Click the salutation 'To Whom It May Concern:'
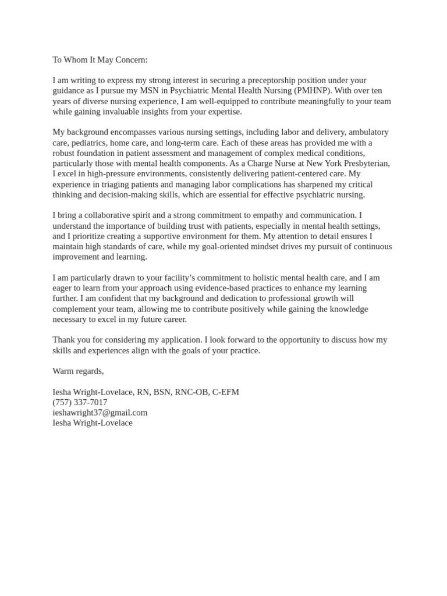point(100,59)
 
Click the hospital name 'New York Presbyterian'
point(348,164)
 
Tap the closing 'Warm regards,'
point(78,371)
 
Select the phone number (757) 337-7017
point(80,402)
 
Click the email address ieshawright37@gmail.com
point(100,413)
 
